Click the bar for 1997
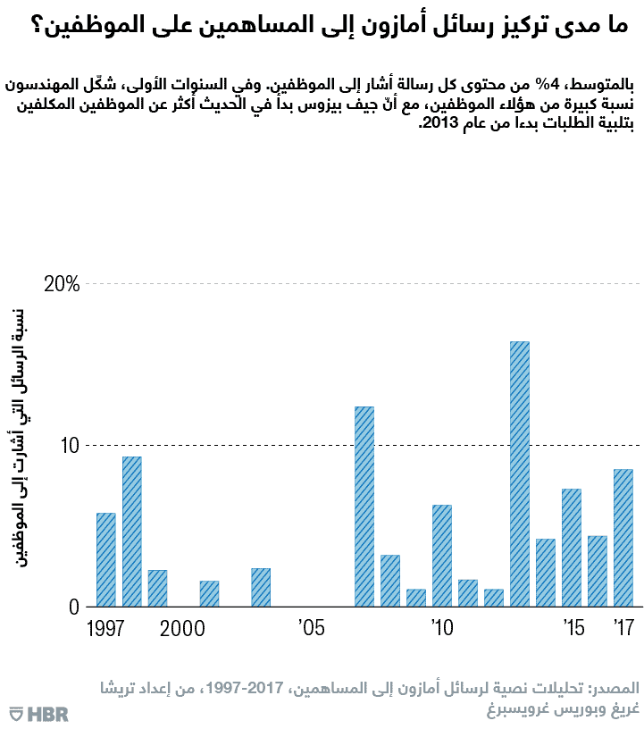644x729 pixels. coord(106,560)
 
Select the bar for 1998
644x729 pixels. coord(132,532)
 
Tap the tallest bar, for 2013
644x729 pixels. coord(520,473)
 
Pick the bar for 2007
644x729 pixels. coord(364,507)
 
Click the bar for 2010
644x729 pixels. coord(442,556)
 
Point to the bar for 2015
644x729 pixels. coord(572,548)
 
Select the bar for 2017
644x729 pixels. coord(623,538)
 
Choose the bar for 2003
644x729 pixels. coord(261,587)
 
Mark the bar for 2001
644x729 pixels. coord(209,593)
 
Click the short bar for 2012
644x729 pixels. coord(494,598)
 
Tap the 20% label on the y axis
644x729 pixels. coord(63,284)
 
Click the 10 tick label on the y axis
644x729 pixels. coord(71,445)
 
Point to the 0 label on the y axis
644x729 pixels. coord(76,607)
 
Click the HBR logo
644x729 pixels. coord(39,713)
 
